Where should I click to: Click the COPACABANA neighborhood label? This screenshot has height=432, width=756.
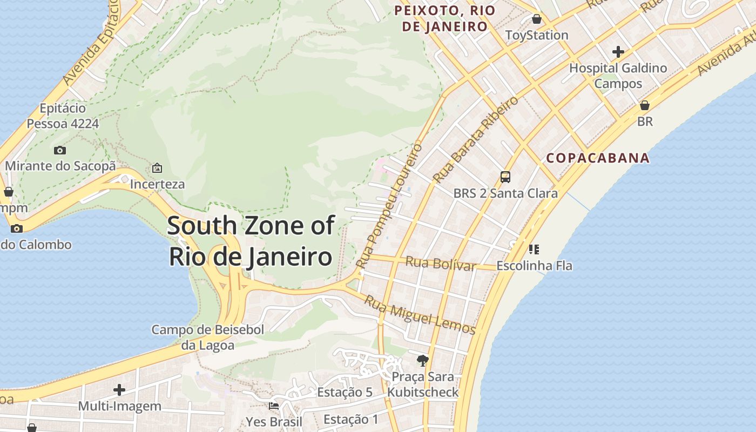[598, 158]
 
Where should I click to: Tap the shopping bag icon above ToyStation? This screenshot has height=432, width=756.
[537, 19]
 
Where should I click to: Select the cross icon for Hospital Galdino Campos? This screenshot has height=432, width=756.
[618, 52]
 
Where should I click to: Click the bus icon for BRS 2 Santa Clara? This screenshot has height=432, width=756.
[505, 177]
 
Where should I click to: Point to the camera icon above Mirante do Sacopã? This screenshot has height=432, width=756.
[60, 150]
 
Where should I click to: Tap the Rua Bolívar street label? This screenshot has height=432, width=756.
[441, 264]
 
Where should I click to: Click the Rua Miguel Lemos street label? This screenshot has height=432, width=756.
[420, 315]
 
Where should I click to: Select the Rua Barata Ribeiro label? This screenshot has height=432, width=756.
[475, 139]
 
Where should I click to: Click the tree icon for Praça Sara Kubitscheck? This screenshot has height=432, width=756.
[423, 360]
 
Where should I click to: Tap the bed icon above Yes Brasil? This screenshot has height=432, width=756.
[274, 406]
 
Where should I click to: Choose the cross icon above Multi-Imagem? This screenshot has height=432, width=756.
[119, 389]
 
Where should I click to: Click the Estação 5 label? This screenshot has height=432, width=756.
[345, 392]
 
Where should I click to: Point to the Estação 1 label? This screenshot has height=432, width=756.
[350, 419]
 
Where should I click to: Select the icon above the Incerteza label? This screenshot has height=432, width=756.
[157, 168]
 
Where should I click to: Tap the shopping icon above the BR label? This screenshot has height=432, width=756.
[645, 105]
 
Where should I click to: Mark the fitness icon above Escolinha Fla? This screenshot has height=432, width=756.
[534, 249]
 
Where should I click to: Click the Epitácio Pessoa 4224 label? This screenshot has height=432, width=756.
[63, 116]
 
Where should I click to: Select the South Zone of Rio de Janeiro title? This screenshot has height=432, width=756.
[251, 241]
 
